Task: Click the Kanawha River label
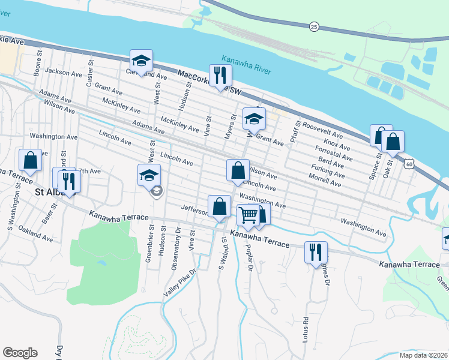(x=246, y=65)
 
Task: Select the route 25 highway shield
(x=314, y=27)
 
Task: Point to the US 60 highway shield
(x=409, y=163)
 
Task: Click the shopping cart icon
(x=249, y=214)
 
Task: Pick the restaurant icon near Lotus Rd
(x=316, y=251)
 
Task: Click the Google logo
(x=20, y=353)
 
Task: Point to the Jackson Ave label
(x=63, y=73)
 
